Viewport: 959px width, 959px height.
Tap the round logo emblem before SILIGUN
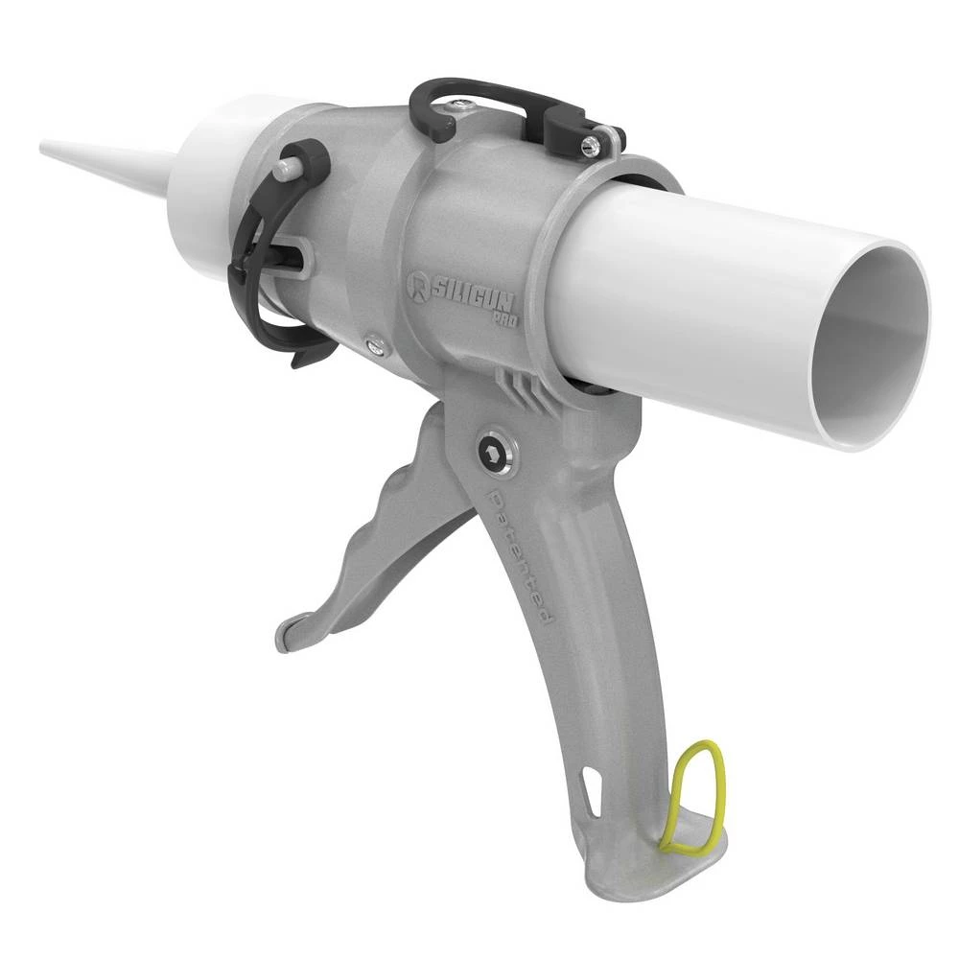pyautogui.click(x=417, y=284)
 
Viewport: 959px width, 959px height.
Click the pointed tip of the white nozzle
pyautogui.click(x=46, y=148)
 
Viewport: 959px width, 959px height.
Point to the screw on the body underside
pyautogui.click(x=376, y=346)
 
